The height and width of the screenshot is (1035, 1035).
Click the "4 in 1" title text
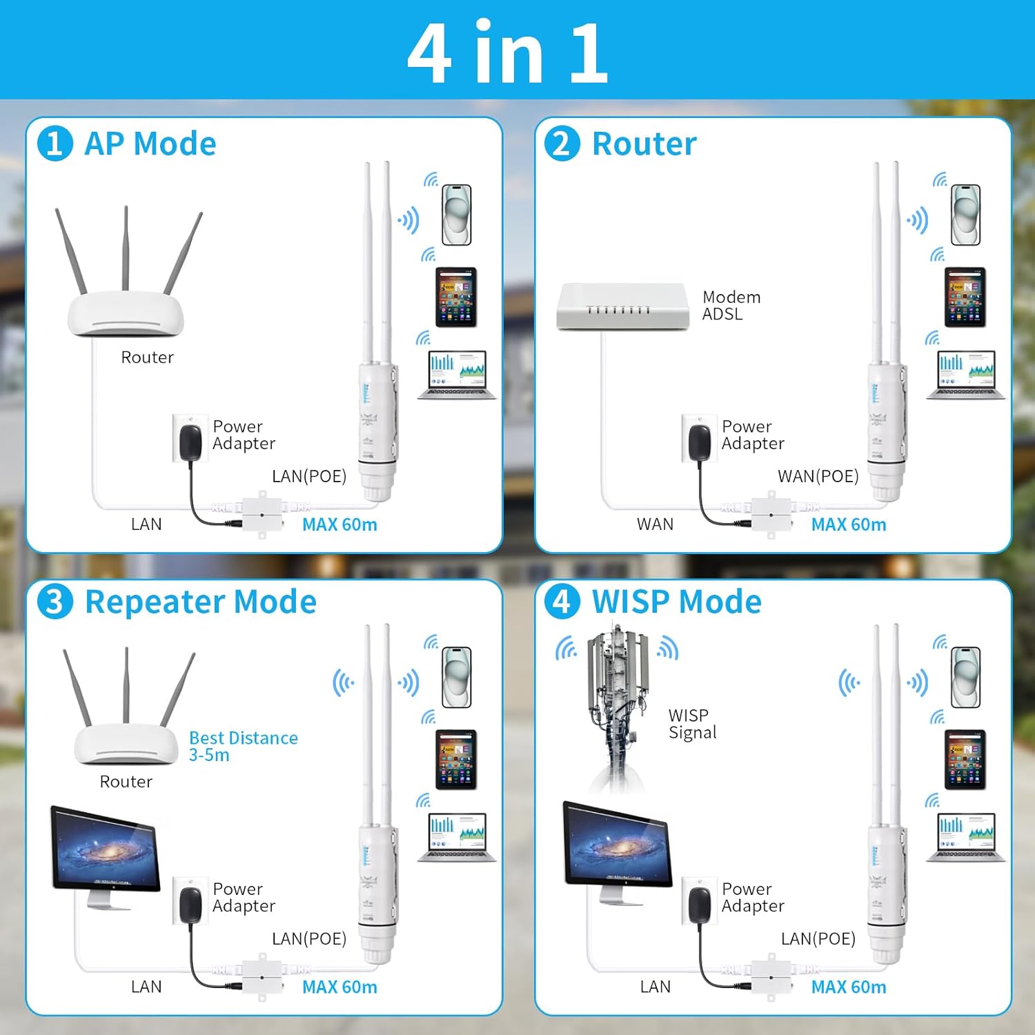point(508,52)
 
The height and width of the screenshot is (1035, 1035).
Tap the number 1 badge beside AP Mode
point(55,144)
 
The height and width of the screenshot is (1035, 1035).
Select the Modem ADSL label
point(731,306)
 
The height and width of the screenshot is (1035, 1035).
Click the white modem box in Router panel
point(623,306)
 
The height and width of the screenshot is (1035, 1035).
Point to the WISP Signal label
point(692,724)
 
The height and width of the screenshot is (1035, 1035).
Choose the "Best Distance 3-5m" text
point(243,746)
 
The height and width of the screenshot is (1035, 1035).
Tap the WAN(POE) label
point(818,476)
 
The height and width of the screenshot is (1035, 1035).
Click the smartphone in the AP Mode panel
point(456,215)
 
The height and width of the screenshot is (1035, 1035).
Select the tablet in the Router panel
point(965,297)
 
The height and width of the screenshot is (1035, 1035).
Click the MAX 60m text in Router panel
point(848,524)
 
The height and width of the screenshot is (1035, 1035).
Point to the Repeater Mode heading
point(200,602)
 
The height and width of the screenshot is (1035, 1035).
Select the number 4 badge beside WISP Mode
point(562,602)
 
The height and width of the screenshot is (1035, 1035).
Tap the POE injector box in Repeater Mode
point(262,978)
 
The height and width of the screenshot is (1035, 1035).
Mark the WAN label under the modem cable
point(655,524)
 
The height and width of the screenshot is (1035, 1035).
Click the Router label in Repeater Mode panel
point(126,782)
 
